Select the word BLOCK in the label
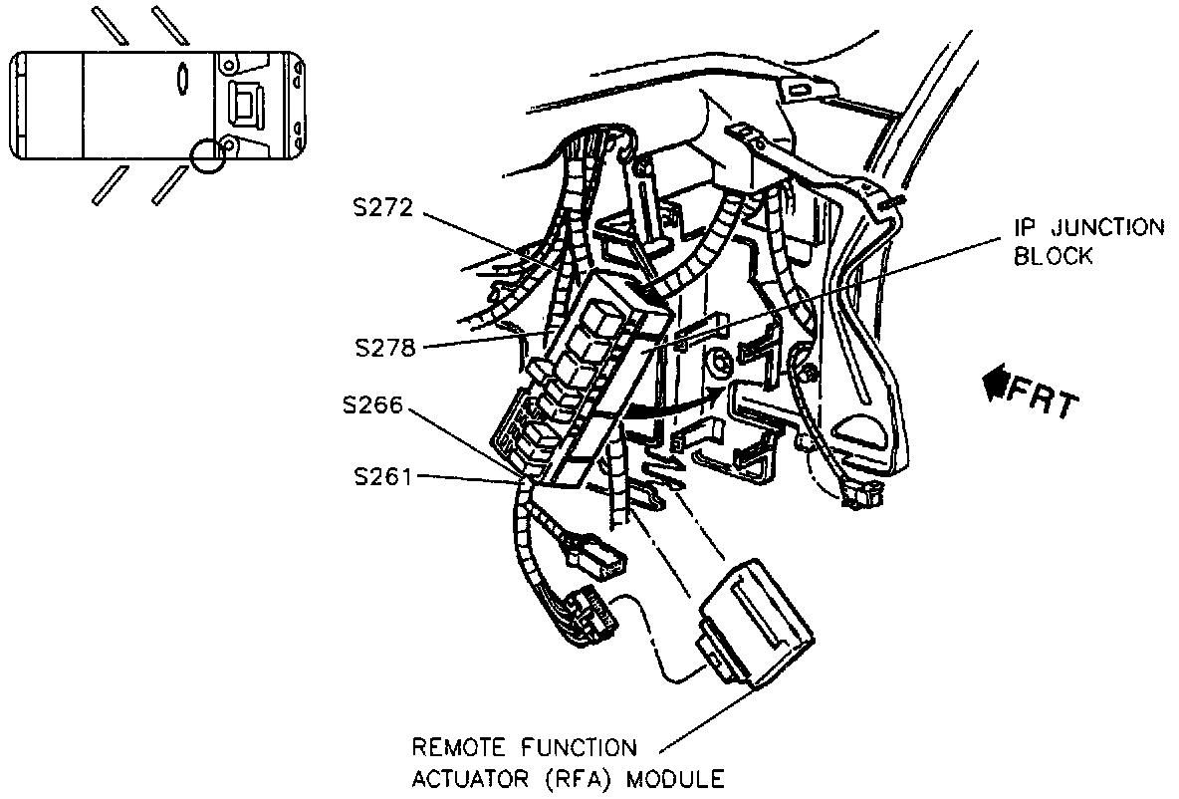(1054, 256)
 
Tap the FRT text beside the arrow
(1043, 396)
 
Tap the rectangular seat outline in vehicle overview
(244, 103)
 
